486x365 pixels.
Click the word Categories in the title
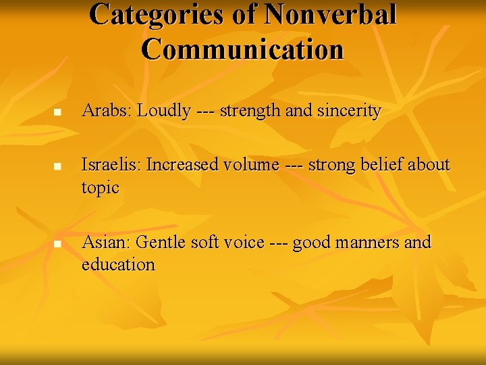click(157, 15)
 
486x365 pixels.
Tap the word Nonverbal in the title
click(331, 15)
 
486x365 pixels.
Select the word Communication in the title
click(243, 49)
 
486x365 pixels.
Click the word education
click(118, 264)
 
